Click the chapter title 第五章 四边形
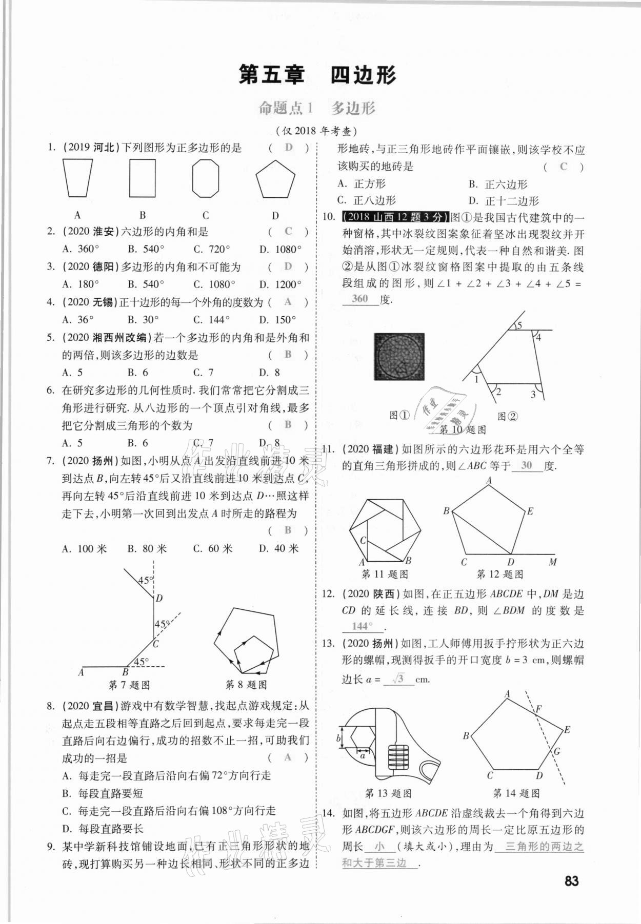pyautogui.click(x=317, y=75)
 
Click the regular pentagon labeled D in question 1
pyautogui.click(x=275, y=180)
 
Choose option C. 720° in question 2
pyautogui.click(x=212, y=250)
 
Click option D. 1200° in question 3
pyautogui.click(x=280, y=284)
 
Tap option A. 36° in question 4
pyautogui.click(x=78, y=320)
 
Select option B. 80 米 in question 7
pyautogui.click(x=147, y=549)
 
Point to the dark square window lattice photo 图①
pyautogui.click(x=399, y=357)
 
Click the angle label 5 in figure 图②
pyautogui.click(x=519, y=325)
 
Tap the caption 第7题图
pyautogui.click(x=129, y=685)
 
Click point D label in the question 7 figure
pyautogui.click(x=159, y=598)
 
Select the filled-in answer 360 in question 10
pyautogui.click(x=360, y=299)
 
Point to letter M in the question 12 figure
pyautogui.click(x=553, y=562)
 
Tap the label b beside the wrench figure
pyautogui.click(x=338, y=738)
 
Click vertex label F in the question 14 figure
pyautogui.click(x=538, y=709)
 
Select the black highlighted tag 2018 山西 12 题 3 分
pyautogui.click(x=394, y=217)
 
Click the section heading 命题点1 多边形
pyautogui.click(x=317, y=108)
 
